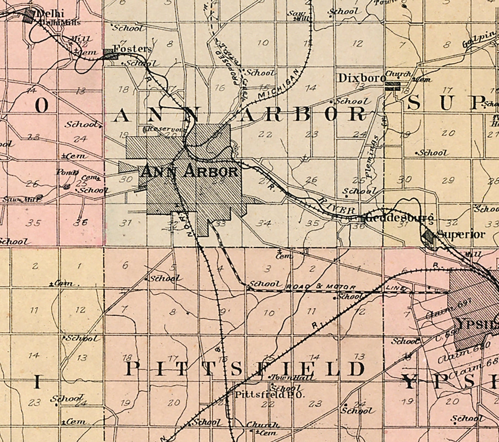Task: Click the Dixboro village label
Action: tap(361, 78)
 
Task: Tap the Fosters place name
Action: tap(132, 49)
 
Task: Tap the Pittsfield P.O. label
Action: tap(269, 395)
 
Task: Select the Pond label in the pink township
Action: tap(67, 172)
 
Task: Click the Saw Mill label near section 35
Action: tap(22, 199)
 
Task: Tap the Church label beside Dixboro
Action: tap(398, 74)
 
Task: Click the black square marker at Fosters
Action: tap(109, 53)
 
